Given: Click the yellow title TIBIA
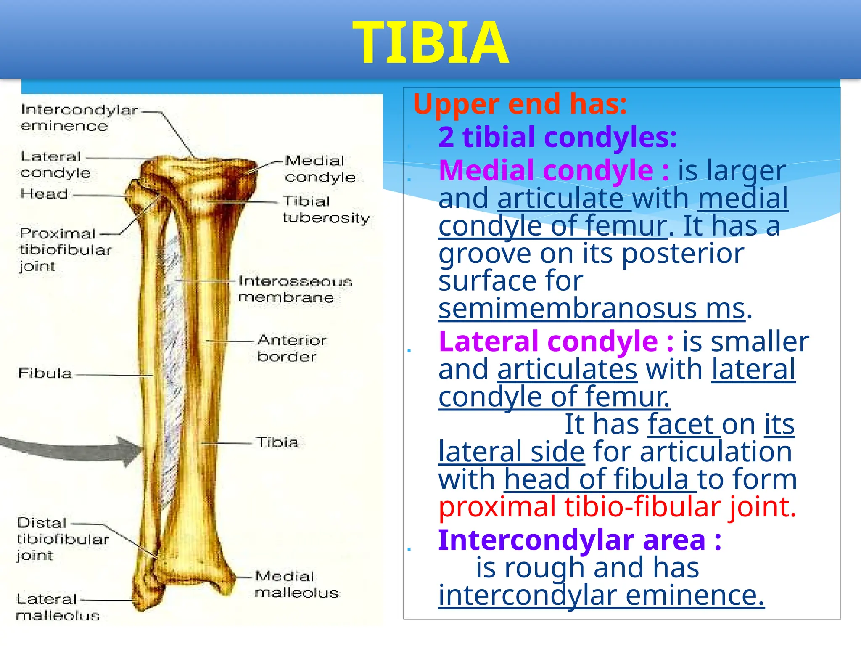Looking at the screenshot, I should coord(430,43).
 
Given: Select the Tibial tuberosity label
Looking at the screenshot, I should coord(325,209).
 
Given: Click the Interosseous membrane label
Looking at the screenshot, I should coord(294,289).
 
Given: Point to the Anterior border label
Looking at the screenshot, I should coord(291,348).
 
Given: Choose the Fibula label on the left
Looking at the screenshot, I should coord(45,373).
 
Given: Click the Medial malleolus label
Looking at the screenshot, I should coord(296,585).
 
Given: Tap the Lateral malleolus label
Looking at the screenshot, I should coord(57,607).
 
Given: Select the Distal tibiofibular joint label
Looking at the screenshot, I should coord(62,539).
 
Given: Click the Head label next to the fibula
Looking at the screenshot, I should coord(44,194).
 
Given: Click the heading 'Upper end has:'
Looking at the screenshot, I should coord(520,104).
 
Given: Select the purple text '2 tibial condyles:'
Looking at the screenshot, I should coord(557,138).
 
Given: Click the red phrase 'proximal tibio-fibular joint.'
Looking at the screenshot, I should coord(617,506).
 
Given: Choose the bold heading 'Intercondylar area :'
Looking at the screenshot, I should coord(579,540).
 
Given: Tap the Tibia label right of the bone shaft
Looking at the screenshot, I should coord(277,442).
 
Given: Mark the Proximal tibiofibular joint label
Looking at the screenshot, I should coord(64,250).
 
